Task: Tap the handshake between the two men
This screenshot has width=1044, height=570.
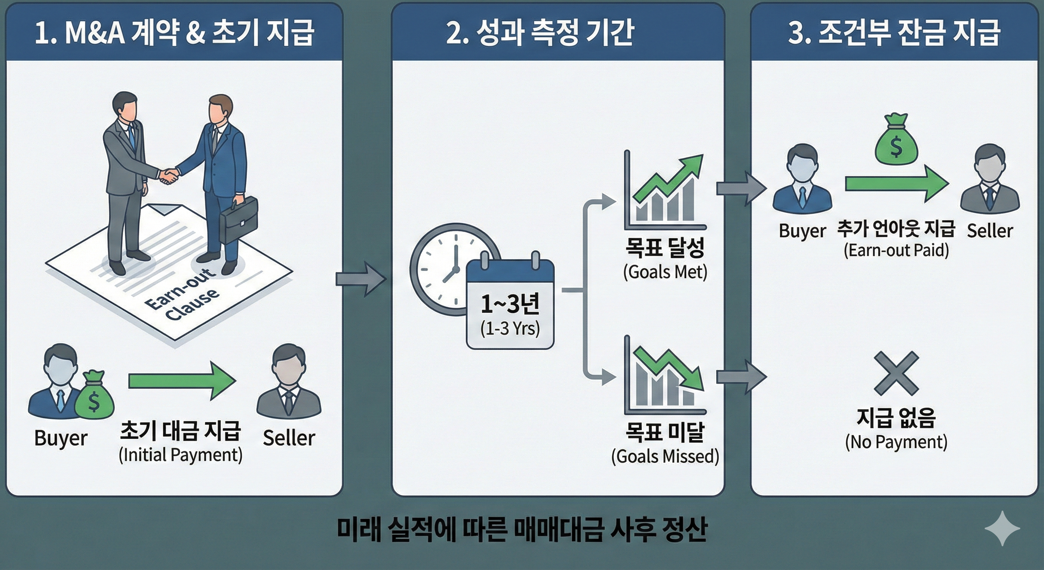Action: (x=169, y=175)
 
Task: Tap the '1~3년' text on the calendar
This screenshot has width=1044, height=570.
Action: (x=510, y=304)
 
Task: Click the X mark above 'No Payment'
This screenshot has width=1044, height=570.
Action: (x=896, y=373)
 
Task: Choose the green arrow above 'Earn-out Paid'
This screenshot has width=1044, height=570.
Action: (x=896, y=184)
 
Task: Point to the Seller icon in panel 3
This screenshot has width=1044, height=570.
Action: (x=989, y=178)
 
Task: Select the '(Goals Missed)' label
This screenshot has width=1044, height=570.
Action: (x=665, y=456)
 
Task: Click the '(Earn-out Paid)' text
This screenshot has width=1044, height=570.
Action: (x=896, y=250)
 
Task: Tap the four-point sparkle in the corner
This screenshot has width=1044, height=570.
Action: (x=1002, y=528)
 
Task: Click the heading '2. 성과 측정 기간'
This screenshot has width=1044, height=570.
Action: (x=540, y=32)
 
